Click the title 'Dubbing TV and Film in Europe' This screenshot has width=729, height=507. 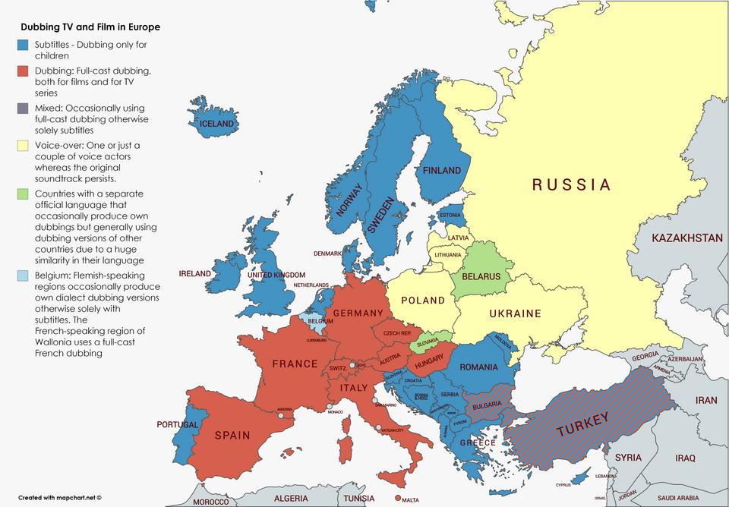tap(90, 27)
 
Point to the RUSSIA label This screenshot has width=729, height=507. tap(571, 184)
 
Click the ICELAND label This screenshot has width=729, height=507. tap(216, 124)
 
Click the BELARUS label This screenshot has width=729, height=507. tap(481, 277)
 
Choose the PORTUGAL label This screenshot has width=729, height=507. tap(178, 424)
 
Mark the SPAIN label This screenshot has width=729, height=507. tap(232, 436)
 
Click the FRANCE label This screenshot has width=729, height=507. tap(295, 364)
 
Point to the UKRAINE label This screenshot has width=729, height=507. tap(515, 313)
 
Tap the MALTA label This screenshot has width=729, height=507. tap(410, 500)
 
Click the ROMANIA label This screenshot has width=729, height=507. tap(478, 367)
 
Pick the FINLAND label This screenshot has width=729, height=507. tap(442, 171)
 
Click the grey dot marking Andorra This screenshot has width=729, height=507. tap(281, 416)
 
